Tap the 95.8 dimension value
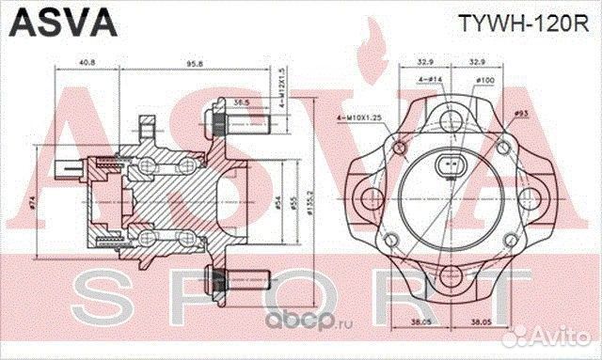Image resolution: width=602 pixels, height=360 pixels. [195, 64]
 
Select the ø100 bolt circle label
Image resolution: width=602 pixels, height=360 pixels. [485, 81]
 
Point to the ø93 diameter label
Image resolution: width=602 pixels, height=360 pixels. [520, 115]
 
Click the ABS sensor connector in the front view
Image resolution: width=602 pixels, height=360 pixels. [454, 168]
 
